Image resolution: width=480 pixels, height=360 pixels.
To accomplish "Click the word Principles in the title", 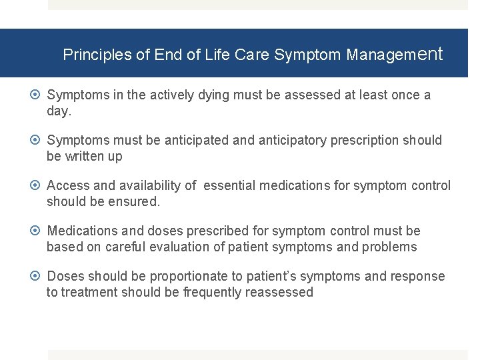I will click(x=97, y=55).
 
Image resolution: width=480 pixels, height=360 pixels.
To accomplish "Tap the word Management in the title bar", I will click(x=394, y=55).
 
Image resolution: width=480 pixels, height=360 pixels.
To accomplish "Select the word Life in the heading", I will click(x=217, y=55).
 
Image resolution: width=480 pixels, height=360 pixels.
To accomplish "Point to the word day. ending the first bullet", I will click(x=59, y=111).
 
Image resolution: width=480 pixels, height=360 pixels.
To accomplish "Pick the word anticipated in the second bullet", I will click(x=197, y=140).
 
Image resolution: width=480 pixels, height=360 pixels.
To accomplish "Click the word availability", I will click(x=150, y=185).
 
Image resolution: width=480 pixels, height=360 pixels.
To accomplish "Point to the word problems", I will click(x=389, y=247).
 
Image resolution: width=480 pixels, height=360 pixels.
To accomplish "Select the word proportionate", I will click(x=193, y=276).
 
